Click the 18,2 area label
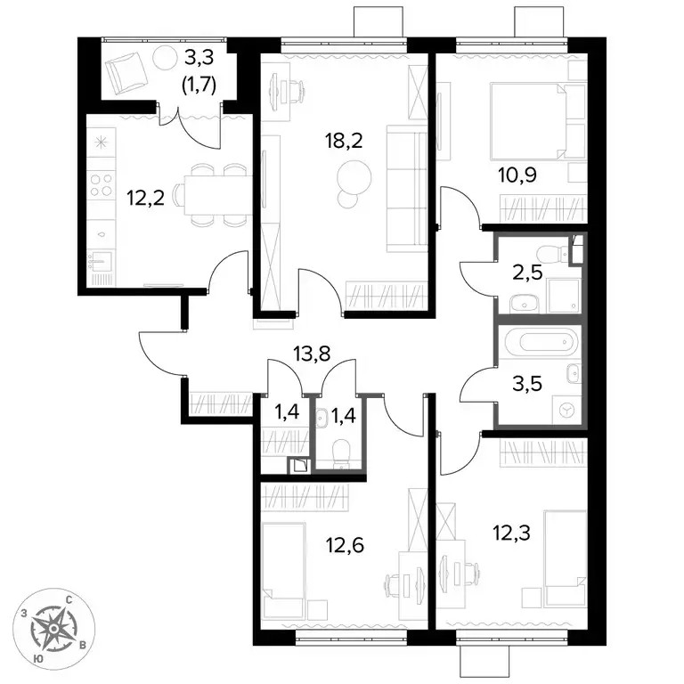(x=343, y=141)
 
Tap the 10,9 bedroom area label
(x=517, y=175)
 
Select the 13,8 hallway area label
(x=312, y=354)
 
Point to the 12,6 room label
(x=345, y=545)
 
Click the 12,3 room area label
(x=511, y=533)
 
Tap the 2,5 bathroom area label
(x=527, y=273)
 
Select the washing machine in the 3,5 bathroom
(x=566, y=410)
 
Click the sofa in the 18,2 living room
(x=406, y=189)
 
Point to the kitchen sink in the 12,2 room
(x=101, y=261)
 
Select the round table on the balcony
(x=165, y=57)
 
